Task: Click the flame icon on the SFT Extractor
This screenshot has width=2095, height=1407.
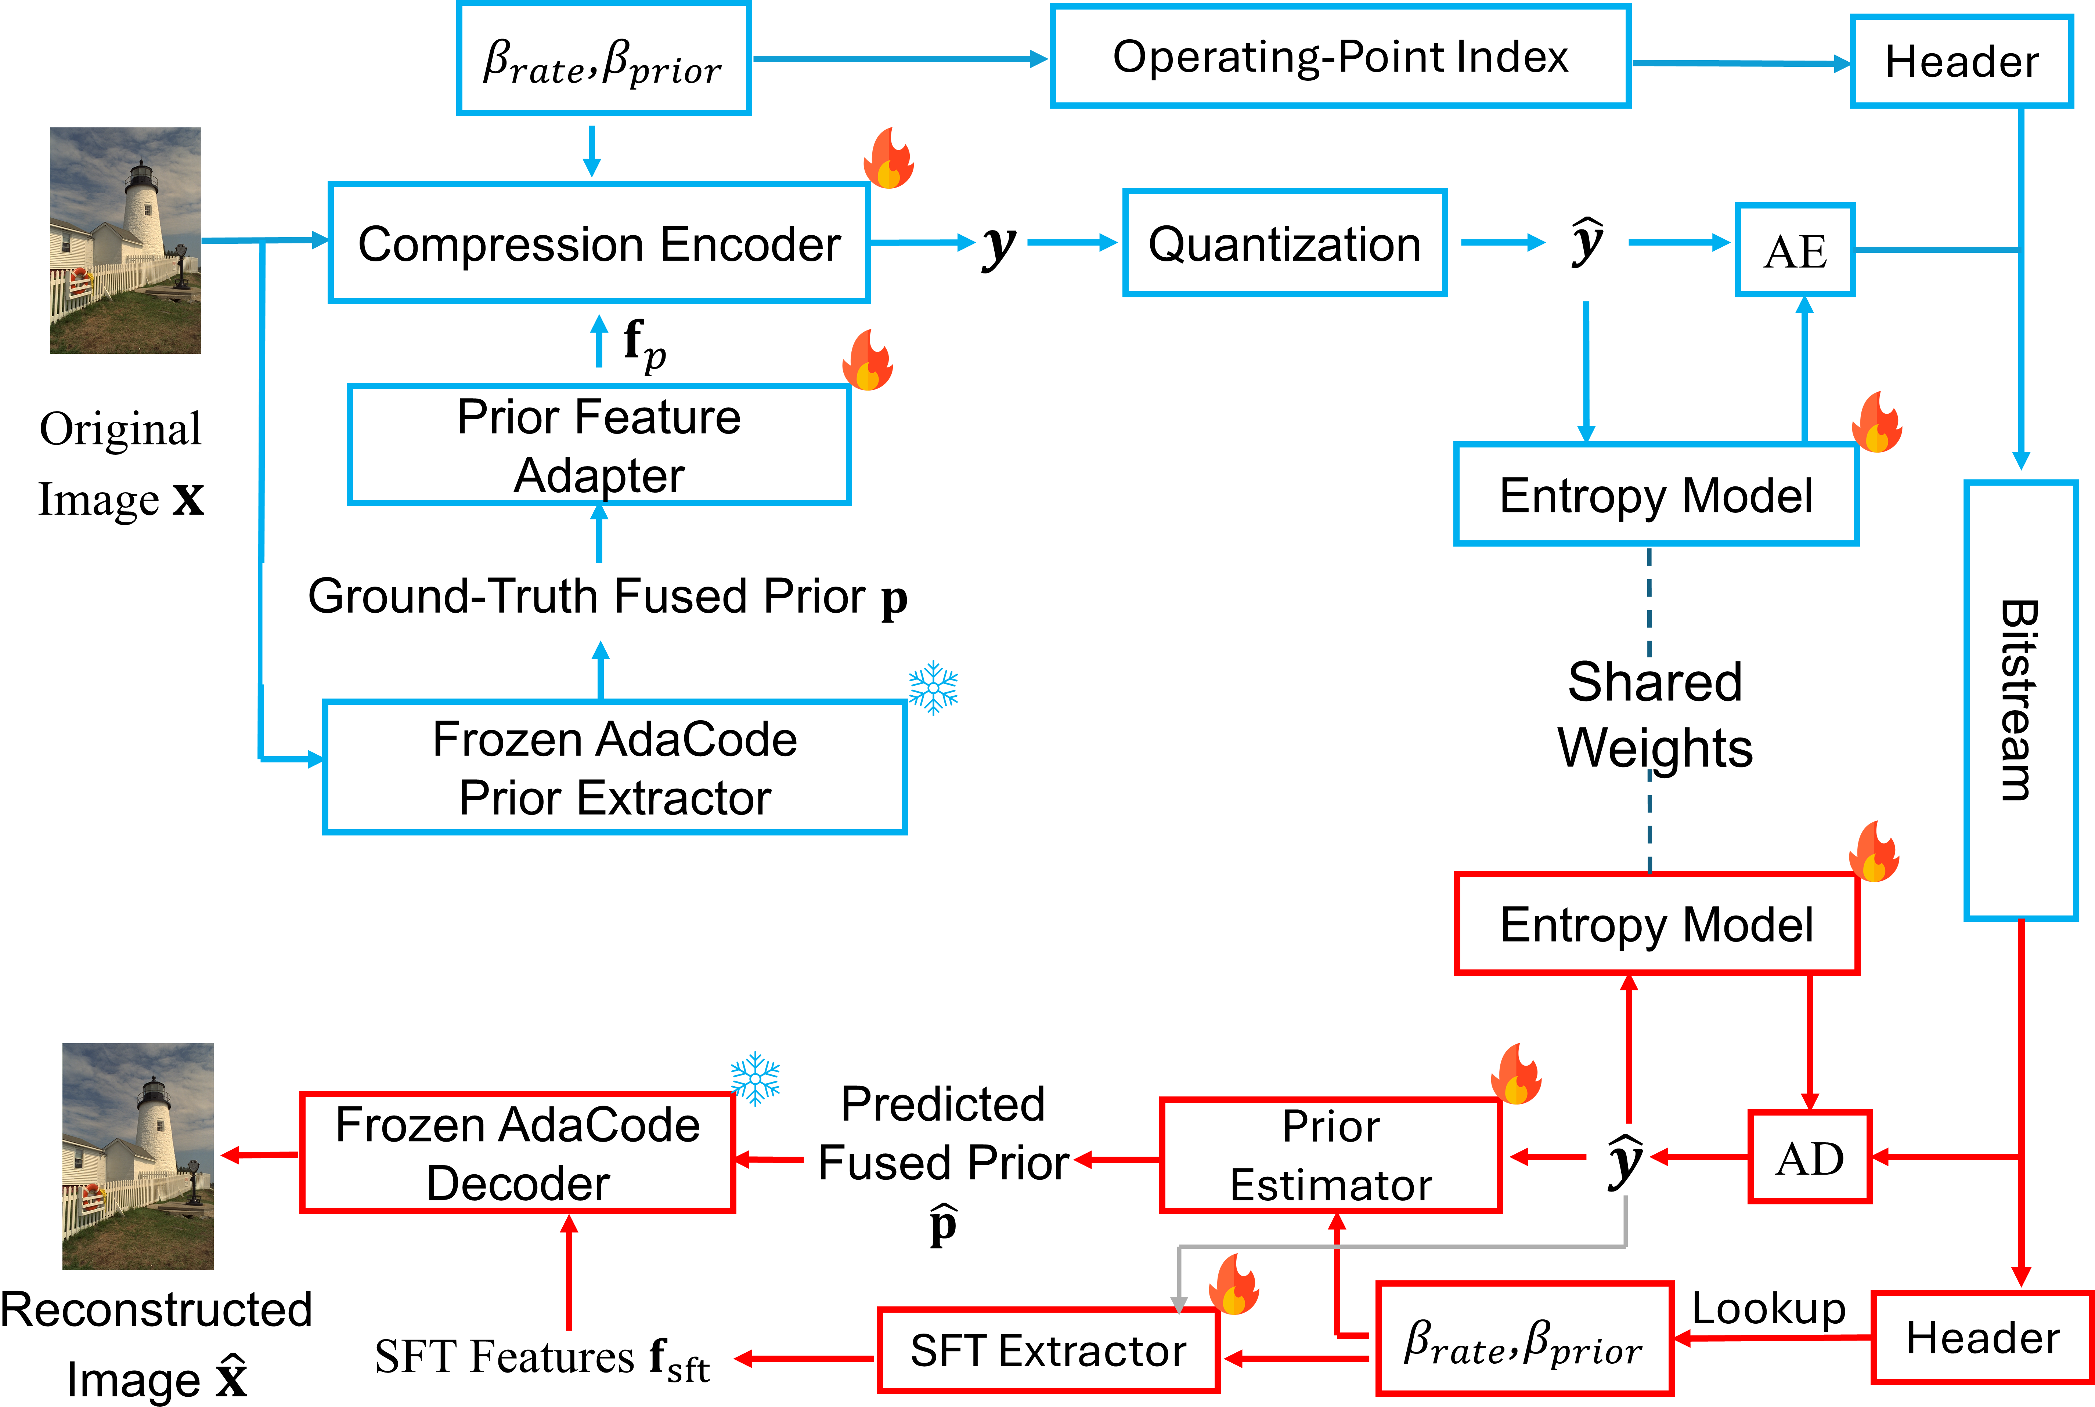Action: pyautogui.click(x=1234, y=1284)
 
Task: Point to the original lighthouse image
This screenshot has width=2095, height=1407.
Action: pyautogui.click(x=126, y=240)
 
